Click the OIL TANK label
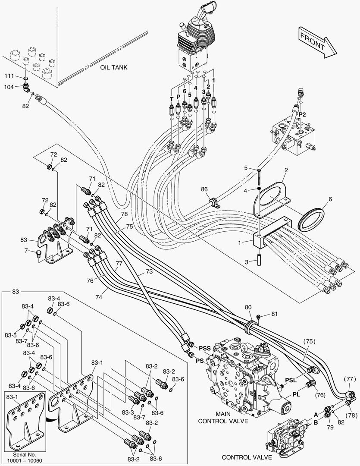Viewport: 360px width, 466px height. click(114, 67)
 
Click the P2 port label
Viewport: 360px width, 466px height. click(302, 114)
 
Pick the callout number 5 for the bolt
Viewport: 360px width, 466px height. click(246, 168)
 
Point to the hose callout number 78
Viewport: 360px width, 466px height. click(124, 214)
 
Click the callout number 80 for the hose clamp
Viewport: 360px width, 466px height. click(248, 308)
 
